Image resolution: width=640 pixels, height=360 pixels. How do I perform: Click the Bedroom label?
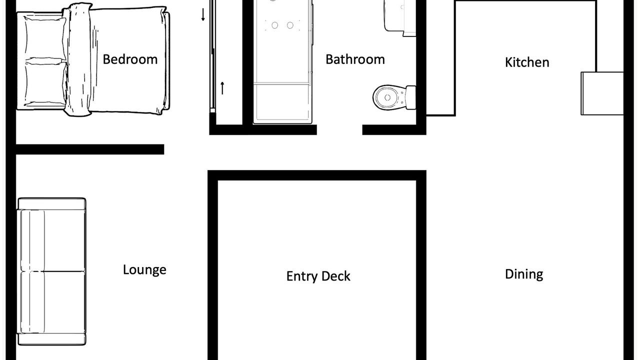(130, 59)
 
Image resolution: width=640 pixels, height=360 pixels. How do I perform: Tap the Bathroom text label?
(355, 59)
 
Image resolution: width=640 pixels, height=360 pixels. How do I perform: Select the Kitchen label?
(527, 62)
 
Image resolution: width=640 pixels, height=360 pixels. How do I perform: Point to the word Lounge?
(144, 269)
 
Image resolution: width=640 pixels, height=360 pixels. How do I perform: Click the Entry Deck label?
(318, 276)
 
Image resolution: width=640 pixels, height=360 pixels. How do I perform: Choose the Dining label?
(524, 274)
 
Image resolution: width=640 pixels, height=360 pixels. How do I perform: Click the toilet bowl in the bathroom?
(389, 97)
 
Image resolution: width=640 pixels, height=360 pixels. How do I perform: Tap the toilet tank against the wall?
(411, 97)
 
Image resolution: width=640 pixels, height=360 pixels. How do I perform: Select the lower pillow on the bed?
(45, 83)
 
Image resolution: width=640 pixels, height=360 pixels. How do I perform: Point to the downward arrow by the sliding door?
(203, 14)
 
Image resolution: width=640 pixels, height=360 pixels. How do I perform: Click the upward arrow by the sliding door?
(222, 88)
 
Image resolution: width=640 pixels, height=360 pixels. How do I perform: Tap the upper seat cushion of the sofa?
(53, 240)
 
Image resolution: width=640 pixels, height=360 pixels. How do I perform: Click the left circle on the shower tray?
(275, 25)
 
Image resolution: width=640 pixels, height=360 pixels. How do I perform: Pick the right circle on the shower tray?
(290, 25)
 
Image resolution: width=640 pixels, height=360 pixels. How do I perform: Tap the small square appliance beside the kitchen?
(602, 93)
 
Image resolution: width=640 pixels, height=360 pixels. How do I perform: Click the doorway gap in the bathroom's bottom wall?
(339, 129)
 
